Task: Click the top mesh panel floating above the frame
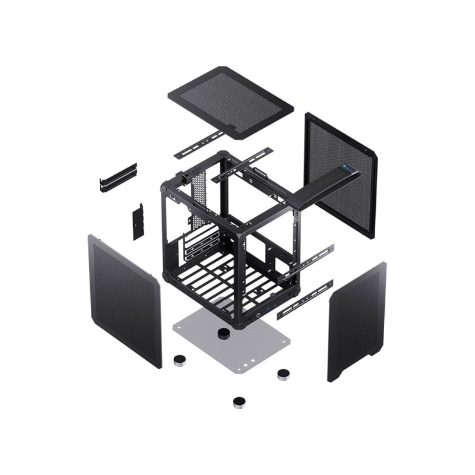pos(230,101)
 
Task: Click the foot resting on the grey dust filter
pos(224,334)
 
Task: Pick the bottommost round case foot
pos(240,403)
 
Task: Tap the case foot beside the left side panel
pos(179,360)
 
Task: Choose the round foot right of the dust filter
pos(284,374)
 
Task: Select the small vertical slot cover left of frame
pos(138,221)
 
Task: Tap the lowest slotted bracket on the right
pos(305,300)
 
